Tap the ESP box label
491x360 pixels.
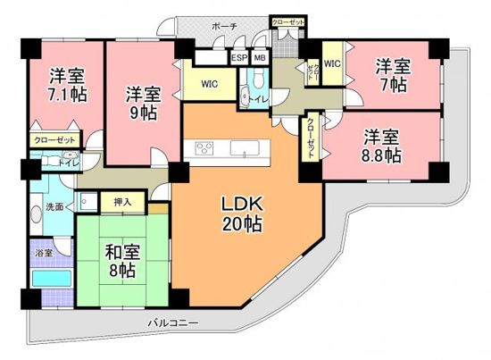(239, 58)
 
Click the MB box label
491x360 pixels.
(260, 58)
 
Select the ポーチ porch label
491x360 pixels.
(224, 28)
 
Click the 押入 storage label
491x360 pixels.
(122, 202)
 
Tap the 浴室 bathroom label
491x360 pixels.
(44, 253)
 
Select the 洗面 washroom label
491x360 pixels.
(54, 207)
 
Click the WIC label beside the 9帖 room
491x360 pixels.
(210, 86)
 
